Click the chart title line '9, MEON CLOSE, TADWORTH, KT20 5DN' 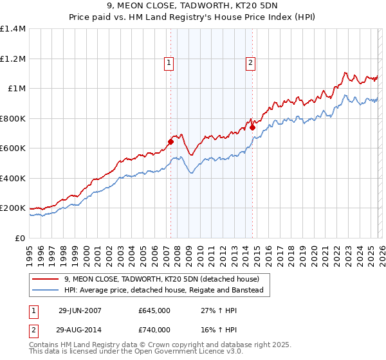tap(192, 6)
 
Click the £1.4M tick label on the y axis tap(12, 29)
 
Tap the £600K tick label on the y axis tap(12, 148)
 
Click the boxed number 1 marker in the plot tap(169, 62)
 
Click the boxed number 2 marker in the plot tap(250, 62)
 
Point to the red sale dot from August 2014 tap(252, 127)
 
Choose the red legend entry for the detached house tap(161, 279)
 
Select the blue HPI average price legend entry tap(164, 291)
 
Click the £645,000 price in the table tap(154, 310)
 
